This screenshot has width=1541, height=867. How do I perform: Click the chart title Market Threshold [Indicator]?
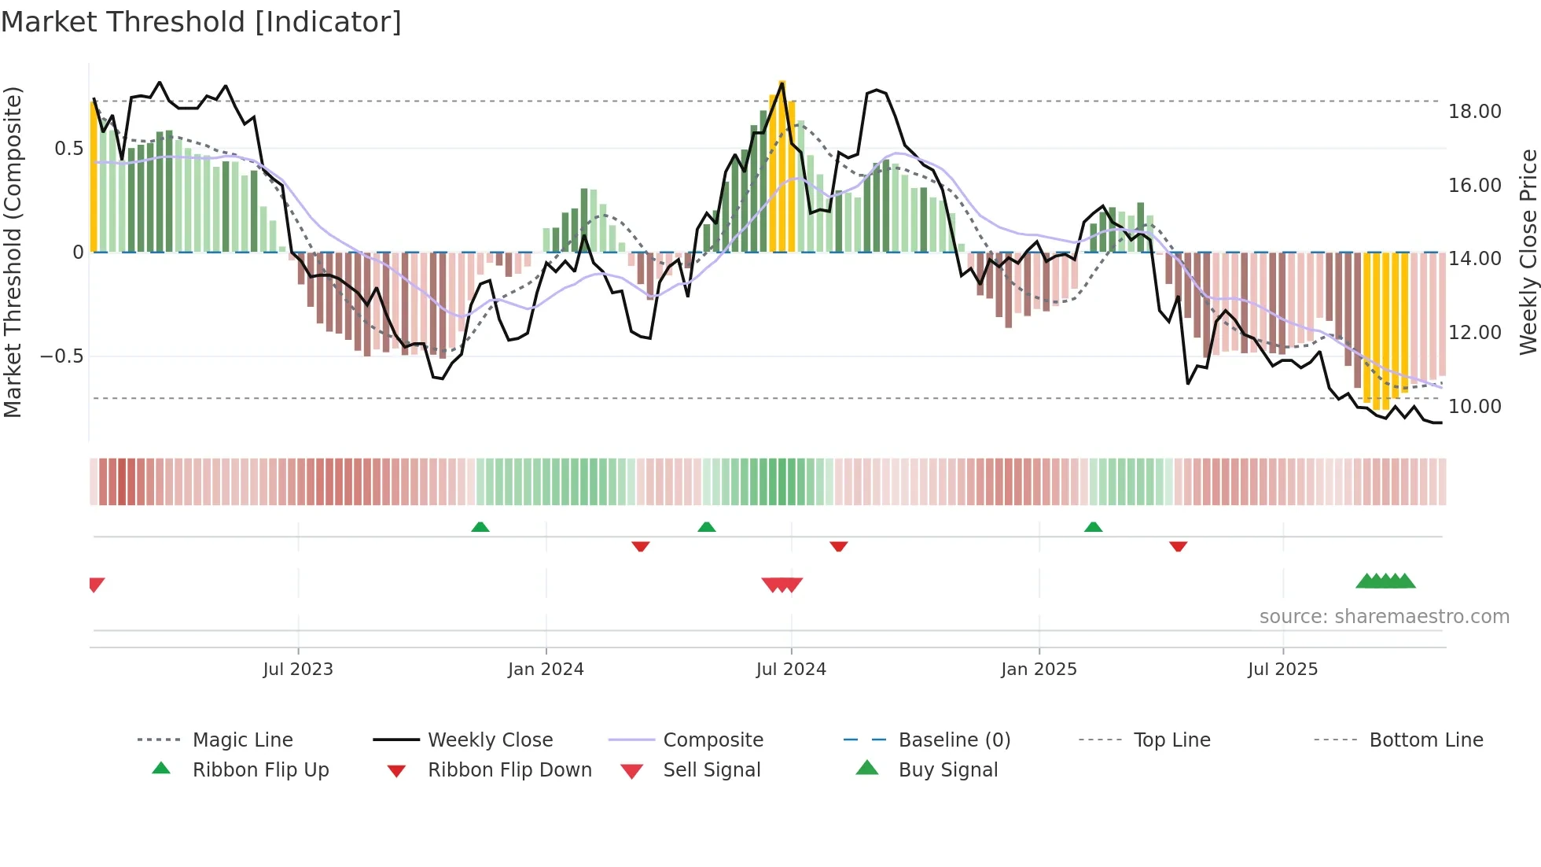click(x=201, y=22)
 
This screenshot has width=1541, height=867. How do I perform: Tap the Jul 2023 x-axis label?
click(x=298, y=670)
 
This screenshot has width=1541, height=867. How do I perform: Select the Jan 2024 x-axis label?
click(x=546, y=670)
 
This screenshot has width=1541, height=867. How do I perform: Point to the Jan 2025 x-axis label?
click(x=1039, y=670)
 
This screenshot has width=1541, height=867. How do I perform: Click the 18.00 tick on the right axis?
click(x=1474, y=112)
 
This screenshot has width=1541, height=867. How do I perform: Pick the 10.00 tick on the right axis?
click(x=1474, y=407)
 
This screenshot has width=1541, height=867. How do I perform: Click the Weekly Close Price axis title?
click(x=1528, y=252)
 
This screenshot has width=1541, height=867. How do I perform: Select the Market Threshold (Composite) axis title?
click(x=13, y=252)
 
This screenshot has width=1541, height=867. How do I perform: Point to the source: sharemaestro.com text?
click(x=1384, y=617)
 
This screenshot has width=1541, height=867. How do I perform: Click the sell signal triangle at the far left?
click(x=96, y=585)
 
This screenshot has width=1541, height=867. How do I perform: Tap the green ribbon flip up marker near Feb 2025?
click(x=1093, y=527)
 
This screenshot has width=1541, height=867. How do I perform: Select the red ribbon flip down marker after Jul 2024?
click(x=839, y=546)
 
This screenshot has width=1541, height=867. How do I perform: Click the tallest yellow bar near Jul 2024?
click(x=782, y=165)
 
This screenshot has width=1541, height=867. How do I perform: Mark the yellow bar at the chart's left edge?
click(x=94, y=177)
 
